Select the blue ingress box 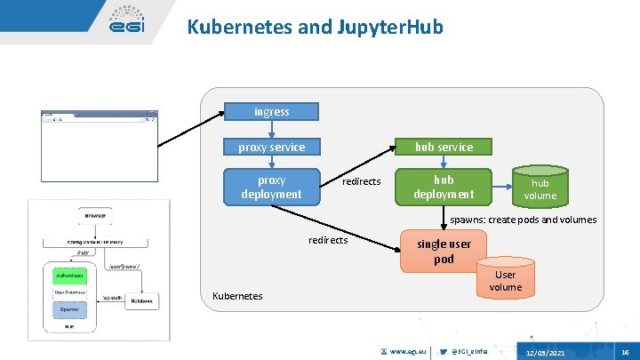(271, 112)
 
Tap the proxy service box (271, 147)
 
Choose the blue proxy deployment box (271, 187)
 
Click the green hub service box (444, 147)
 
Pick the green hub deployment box (444, 187)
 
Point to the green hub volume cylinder (540, 188)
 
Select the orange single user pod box (444, 251)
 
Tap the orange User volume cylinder (505, 280)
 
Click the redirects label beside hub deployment (361, 181)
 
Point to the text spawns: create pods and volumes (523, 220)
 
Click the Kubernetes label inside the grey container (236, 295)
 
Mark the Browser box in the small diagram (95, 215)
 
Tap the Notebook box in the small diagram (142, 300)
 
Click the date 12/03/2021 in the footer (544, 353)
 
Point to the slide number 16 (625, 353)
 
